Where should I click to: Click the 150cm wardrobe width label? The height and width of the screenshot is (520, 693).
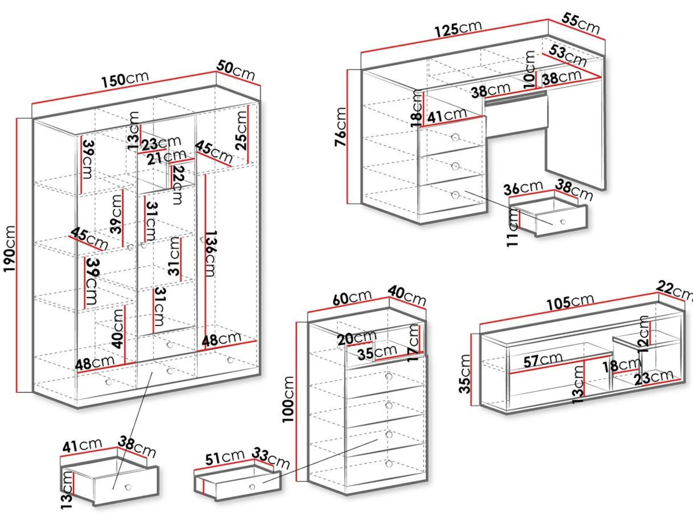point(125,79)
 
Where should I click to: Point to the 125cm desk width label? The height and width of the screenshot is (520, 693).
point(458,29)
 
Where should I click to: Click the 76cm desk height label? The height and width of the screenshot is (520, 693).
point(341,127)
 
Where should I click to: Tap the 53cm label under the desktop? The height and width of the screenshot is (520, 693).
point(567,55)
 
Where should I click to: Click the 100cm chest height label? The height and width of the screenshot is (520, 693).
point(288,399)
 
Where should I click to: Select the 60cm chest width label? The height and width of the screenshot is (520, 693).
point(352,297)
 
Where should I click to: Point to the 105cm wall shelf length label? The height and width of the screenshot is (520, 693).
point(570,302)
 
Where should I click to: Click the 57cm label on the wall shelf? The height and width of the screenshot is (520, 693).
point(542,360)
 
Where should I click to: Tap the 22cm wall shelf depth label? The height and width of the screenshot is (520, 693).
point(674,290)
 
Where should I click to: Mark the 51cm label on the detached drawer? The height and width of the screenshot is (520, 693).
point(225,457)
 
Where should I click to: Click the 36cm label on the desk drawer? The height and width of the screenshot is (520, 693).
point(523,188)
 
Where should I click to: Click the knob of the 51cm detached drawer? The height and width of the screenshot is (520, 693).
point(252,487)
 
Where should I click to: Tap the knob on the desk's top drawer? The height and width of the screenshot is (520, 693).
point(455,138)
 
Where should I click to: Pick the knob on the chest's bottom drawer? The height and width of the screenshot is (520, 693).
point(389,464)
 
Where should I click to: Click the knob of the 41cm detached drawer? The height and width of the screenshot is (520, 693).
point(129,487)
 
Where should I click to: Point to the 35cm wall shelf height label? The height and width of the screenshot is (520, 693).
point(465,374)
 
